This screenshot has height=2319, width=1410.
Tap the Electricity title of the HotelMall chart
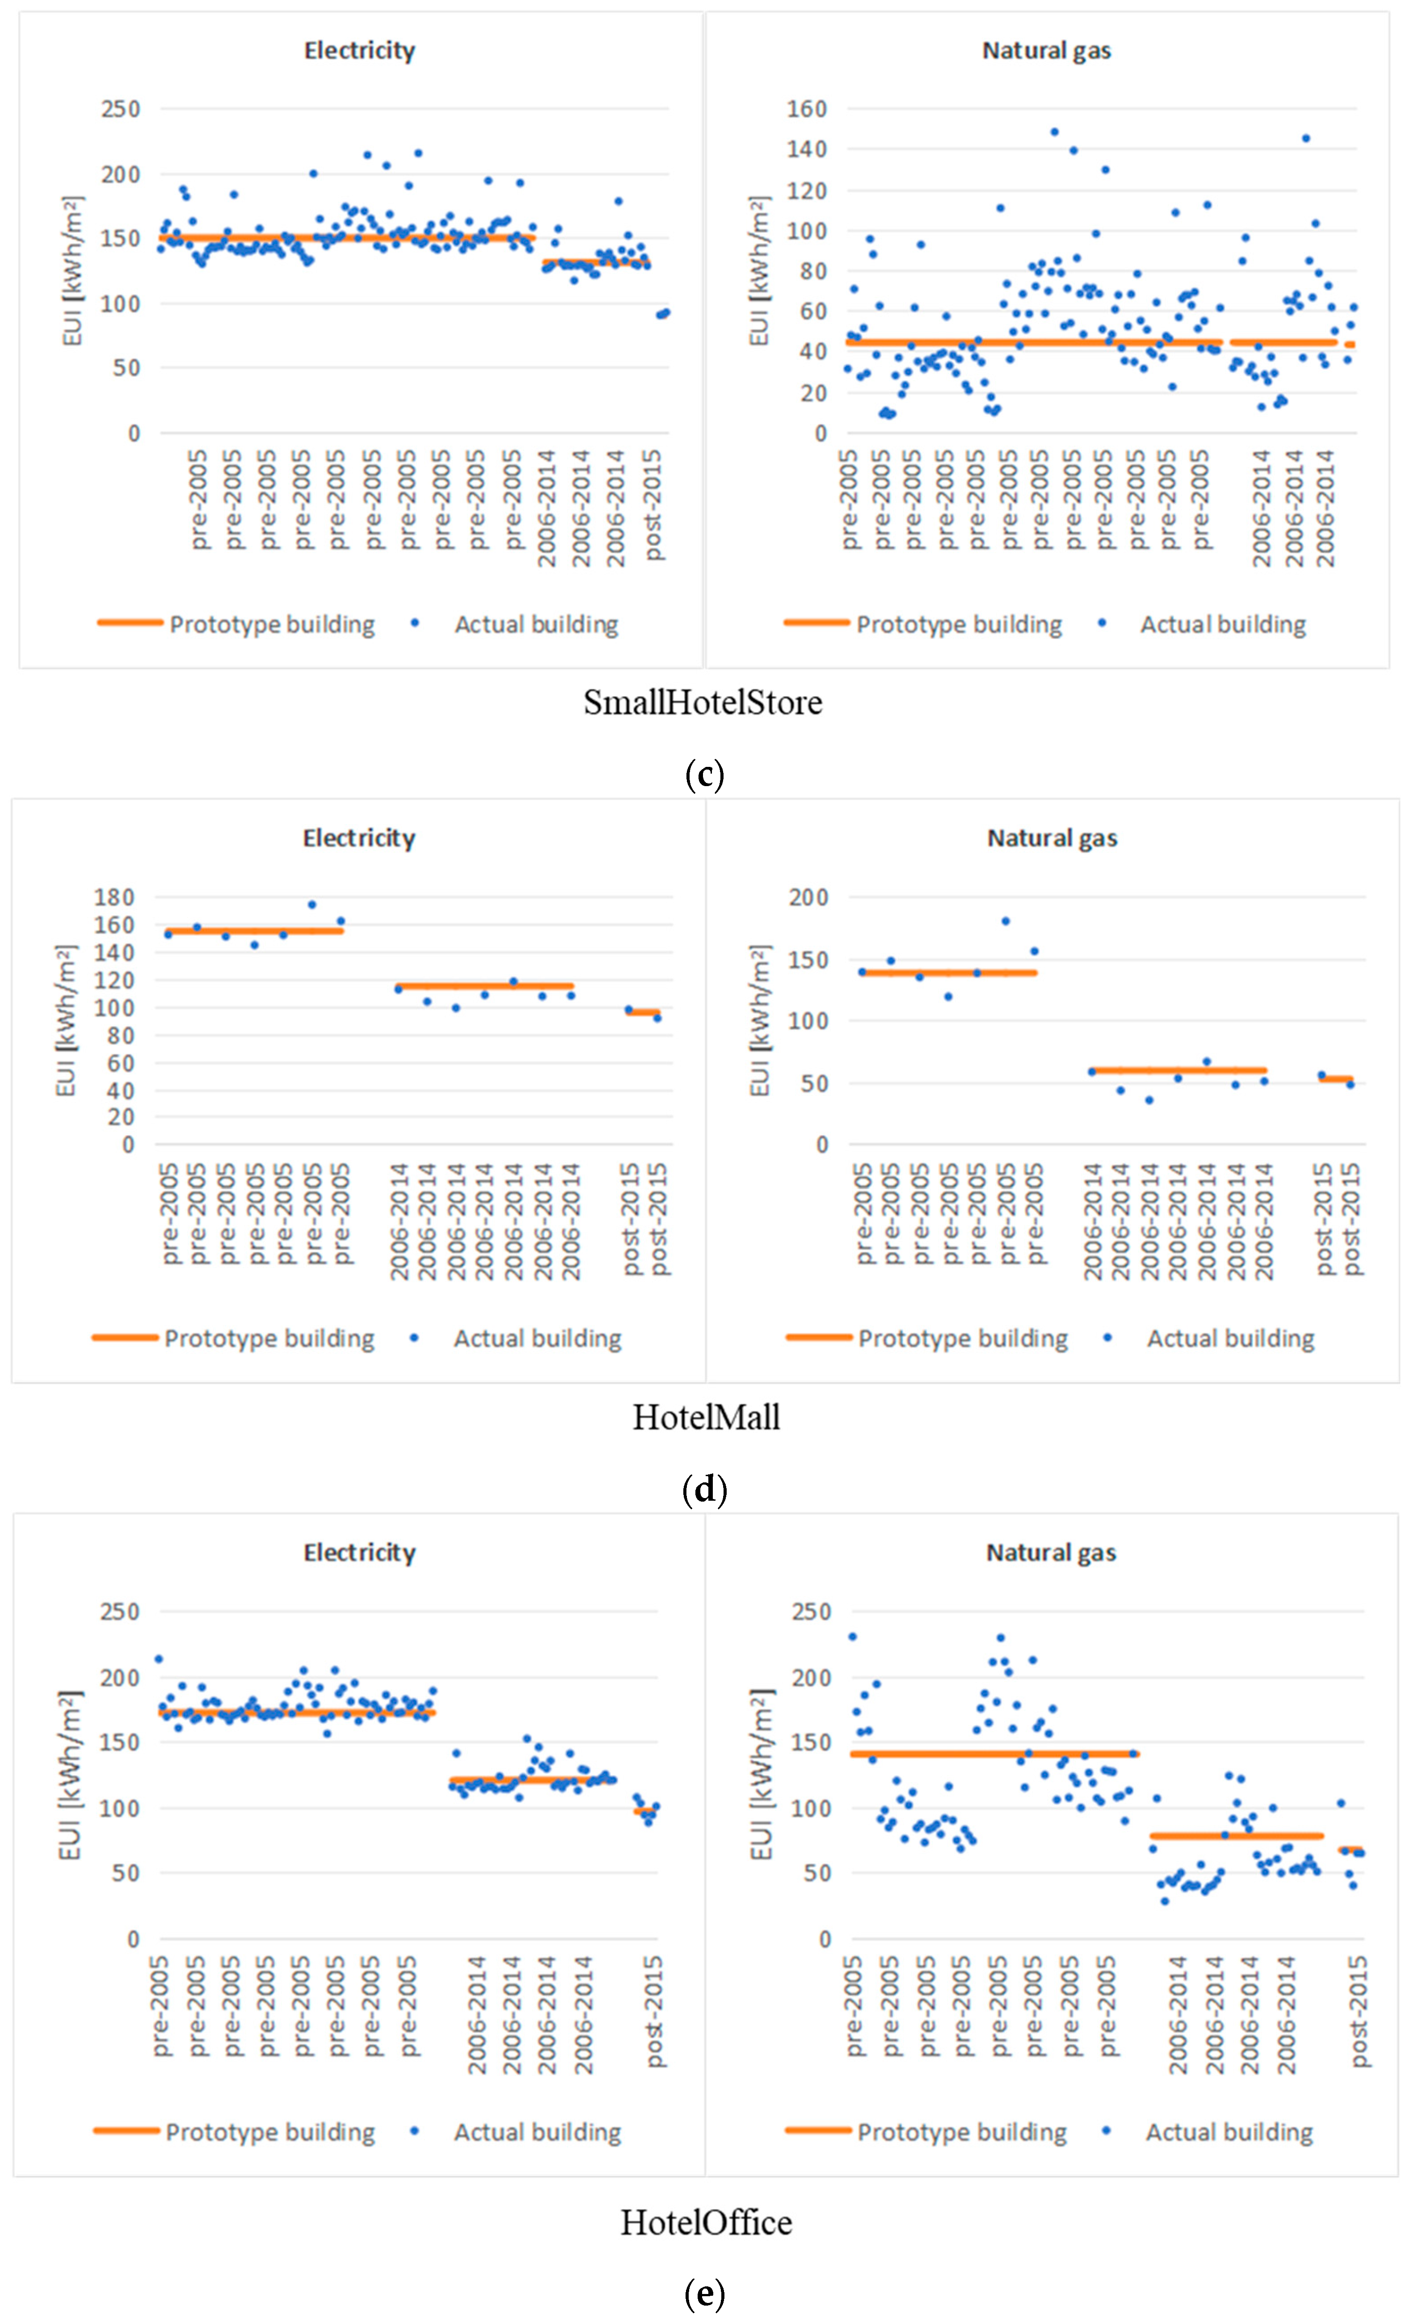[x=358, y=838]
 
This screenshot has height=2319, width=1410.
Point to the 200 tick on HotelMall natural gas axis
[x=808, y=897]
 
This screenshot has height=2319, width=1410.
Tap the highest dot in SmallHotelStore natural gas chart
[x=1054, y=132]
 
